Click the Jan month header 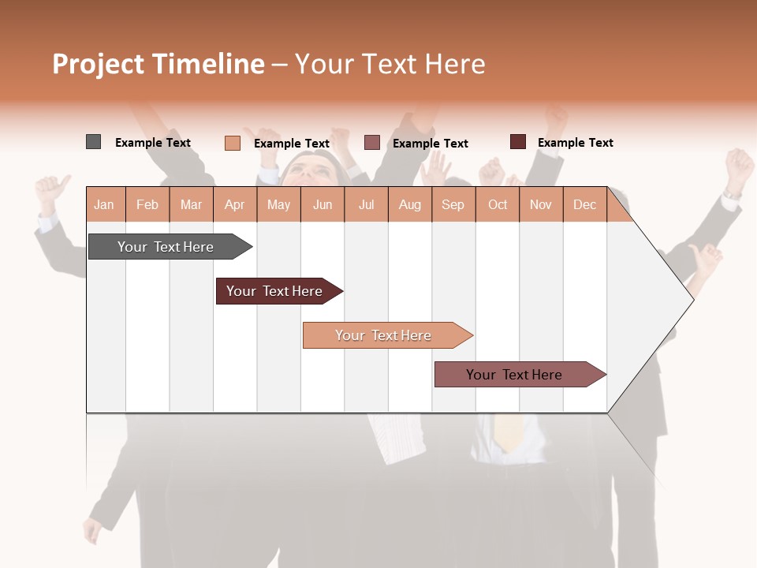104,204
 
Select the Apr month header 234,204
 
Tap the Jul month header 366,204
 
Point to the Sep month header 453,204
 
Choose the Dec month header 584,204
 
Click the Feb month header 147,204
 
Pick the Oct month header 498,204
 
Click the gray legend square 93,142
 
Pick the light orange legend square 232,143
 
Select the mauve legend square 372,143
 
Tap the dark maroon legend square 517,142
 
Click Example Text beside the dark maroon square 575,143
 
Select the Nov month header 541,204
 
